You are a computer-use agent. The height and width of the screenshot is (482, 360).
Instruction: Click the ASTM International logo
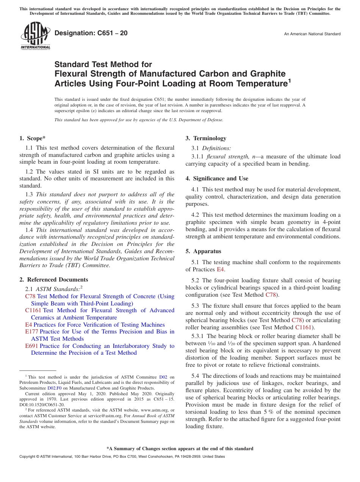click(x=36, y=36)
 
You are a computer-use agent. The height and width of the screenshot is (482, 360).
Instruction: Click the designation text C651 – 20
click(x=91, y=33)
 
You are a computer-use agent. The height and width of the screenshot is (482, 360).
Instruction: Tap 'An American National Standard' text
click(x=312, y=34)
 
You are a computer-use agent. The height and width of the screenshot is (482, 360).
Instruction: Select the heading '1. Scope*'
click(x=33, y=138)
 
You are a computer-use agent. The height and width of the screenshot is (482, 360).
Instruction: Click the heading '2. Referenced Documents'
click(x=54, y=280)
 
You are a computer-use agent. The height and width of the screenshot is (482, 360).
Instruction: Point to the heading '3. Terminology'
click(x=206, y=138)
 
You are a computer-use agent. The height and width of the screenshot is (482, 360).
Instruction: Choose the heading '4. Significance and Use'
click(x=217, y=178)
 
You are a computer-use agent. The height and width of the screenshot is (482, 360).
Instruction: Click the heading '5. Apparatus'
click(x=203, y=251)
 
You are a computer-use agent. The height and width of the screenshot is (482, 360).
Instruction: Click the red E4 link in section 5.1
click(x=221, y=269)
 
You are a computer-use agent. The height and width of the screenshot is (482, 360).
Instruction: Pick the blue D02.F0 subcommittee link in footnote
click(x=54, y=388)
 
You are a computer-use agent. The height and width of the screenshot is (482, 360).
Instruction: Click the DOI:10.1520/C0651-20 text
click(x=42, y=405)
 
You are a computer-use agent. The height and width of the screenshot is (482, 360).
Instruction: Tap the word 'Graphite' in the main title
click(x=266, y=74)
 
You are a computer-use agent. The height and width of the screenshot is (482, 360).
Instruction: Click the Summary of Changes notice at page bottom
click(x=180, y=449)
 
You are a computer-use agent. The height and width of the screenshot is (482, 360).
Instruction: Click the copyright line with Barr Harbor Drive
click(x=122, y=457)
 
